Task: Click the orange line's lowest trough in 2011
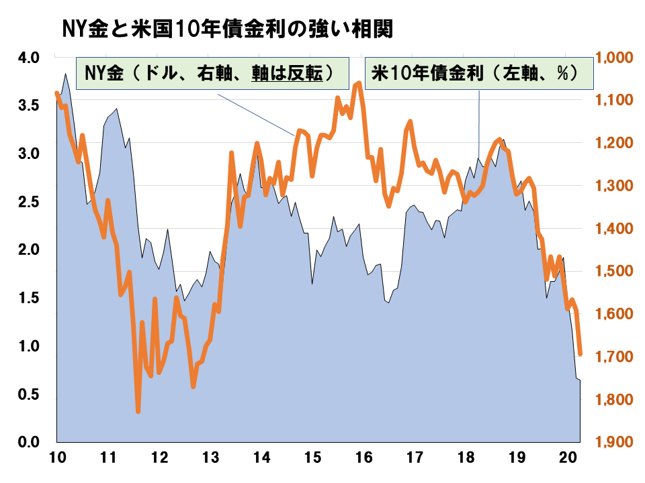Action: pos(138,411)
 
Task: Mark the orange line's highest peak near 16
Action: pos(359,83)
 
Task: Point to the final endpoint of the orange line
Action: pos(580,354)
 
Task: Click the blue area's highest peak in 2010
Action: pos(65,74)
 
